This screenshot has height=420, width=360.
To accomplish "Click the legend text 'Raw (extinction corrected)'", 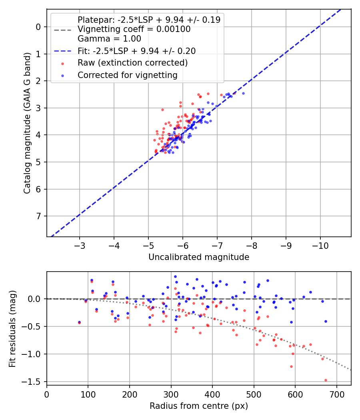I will click(x=132, y=63).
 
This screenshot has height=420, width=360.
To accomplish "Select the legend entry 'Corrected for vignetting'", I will click(x=127, y=75).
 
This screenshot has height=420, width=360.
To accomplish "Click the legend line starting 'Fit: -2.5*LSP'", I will click(x=136, y=51).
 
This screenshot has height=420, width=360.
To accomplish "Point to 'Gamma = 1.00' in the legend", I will click(x=109, y=39).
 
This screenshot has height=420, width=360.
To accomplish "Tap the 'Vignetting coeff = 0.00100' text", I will click(x=134, y=29).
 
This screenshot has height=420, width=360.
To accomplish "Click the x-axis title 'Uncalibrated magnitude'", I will click(x=199, y=257).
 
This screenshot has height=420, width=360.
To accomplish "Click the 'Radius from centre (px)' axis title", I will click(x=199, y=406).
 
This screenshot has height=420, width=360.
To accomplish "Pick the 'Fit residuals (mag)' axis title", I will click(x=12, y=328).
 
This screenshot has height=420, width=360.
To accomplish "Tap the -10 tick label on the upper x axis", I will click(x=320, y=244).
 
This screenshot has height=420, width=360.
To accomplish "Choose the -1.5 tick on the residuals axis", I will click(x=35, y=382).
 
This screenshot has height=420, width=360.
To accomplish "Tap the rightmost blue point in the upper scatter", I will click(x=243, y=93).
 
